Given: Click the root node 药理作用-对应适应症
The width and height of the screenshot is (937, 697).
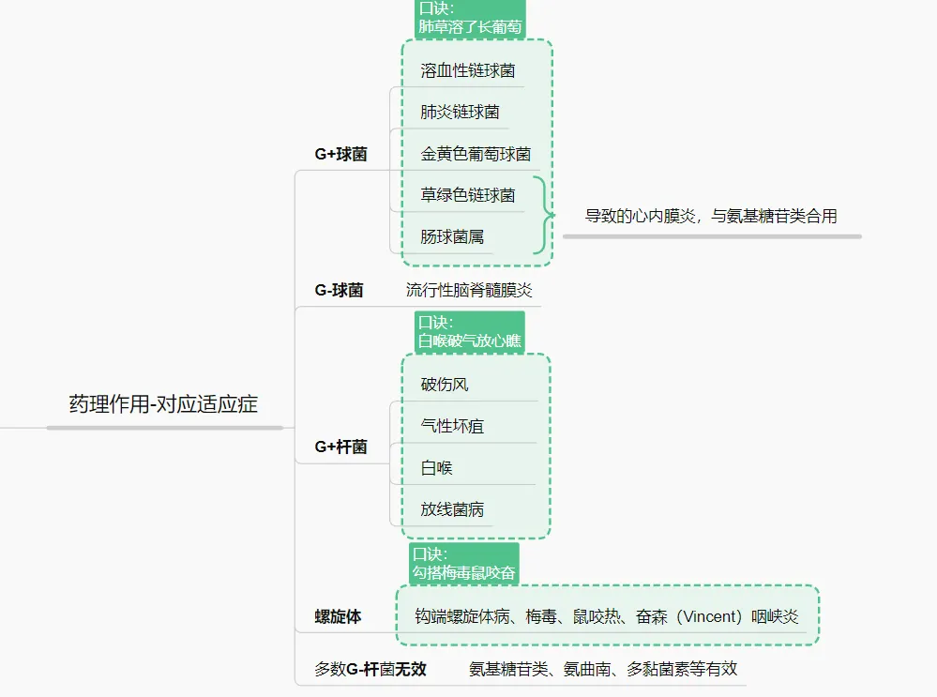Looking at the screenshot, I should click(163, 404).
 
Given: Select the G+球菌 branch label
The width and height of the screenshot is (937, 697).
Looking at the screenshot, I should click(340, 154).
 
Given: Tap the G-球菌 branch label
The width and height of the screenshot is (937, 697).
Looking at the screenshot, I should click(339, 290).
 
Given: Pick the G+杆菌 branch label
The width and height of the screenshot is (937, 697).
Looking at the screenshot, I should click(340, 447).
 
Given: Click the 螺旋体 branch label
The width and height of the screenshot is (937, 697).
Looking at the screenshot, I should click(338, 616).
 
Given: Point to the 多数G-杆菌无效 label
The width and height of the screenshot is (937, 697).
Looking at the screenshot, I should click(370, 669).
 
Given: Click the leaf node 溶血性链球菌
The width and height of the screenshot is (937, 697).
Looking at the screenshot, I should click(467, 70).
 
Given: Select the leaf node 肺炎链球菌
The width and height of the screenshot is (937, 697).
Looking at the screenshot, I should click(460, 112).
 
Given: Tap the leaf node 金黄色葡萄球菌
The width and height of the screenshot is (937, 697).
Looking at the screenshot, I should click(476, 154).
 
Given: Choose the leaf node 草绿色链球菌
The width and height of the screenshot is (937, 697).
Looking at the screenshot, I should click(467, 195).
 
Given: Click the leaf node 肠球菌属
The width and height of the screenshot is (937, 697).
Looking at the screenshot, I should click(452, 236).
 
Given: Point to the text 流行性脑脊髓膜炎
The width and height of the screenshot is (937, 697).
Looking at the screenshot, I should click(469, 290).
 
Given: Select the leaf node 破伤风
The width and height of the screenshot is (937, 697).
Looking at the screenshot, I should click(445, 385).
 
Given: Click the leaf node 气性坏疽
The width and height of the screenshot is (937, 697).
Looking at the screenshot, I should click(452, 426).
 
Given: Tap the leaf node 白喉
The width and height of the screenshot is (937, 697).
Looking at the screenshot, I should click(437, 467).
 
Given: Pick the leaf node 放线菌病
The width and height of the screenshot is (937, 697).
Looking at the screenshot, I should click(452, 509).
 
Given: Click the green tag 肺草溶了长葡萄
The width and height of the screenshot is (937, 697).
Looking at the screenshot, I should click(470, 19).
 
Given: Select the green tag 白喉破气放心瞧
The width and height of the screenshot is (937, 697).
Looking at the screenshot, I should click(469, 332).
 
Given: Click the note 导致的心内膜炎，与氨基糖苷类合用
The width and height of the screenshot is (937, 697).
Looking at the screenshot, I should click(711, 216).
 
